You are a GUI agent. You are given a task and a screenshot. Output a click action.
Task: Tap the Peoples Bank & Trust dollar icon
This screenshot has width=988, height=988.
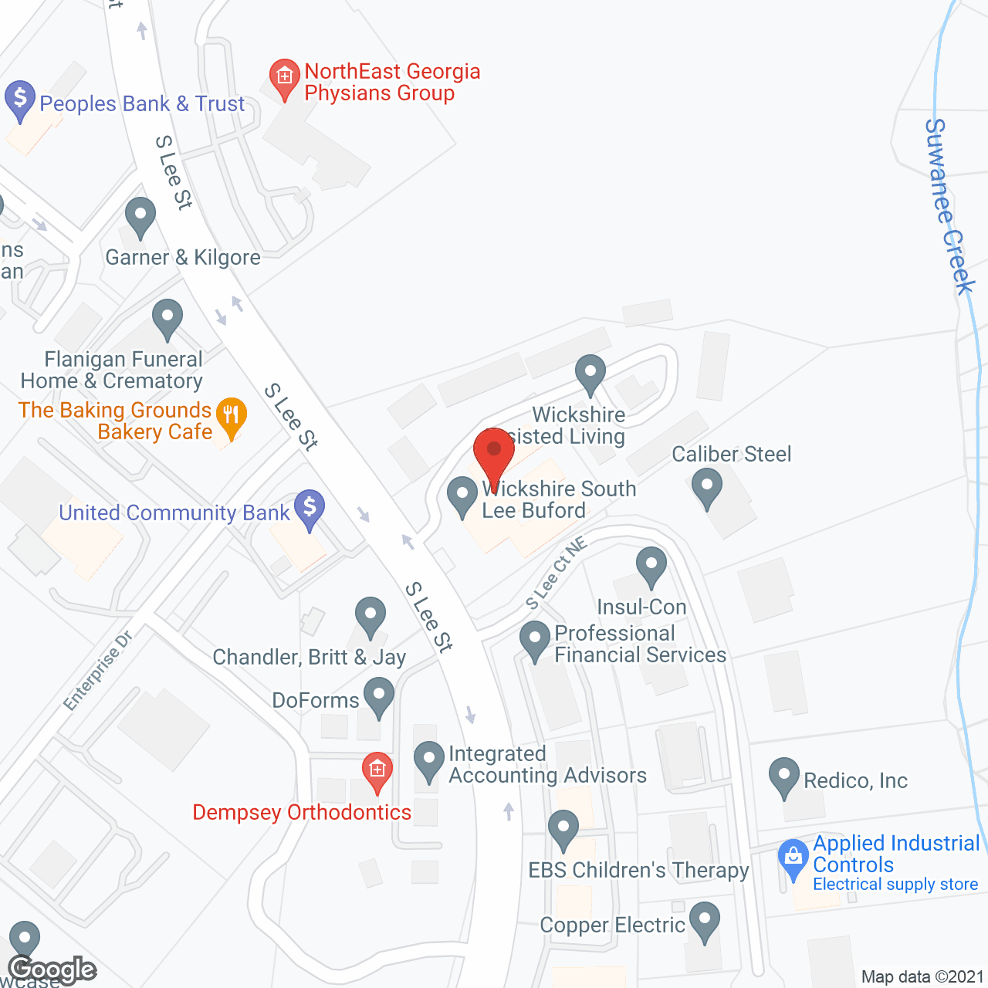20,100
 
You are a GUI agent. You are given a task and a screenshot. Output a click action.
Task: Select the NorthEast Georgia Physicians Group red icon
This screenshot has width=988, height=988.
284,78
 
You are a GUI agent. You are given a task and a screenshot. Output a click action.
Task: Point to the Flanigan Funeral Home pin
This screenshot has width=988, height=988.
167,318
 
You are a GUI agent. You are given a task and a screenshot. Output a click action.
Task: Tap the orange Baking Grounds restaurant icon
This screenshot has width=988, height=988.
231,418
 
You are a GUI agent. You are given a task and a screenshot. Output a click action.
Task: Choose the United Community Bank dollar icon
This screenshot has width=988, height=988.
310,509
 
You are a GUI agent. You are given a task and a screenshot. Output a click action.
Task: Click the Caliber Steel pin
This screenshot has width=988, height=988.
706,488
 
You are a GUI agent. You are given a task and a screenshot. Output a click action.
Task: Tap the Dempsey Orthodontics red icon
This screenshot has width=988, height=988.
377,771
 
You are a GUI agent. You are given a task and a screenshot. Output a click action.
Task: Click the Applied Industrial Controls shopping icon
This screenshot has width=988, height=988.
793,858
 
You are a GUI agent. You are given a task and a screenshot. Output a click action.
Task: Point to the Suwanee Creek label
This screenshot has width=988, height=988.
949,206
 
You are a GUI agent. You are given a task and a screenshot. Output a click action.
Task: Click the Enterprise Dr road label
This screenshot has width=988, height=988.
98,670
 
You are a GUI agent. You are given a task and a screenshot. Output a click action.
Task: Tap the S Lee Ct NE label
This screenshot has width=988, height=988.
556,573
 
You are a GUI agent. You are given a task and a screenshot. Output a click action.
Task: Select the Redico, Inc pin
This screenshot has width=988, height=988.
783,777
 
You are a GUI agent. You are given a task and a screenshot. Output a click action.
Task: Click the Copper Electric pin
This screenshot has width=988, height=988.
704,921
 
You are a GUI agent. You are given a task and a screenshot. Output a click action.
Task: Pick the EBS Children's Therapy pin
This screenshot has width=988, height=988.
563,829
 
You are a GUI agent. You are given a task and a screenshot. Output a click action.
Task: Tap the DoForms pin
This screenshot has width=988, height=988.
378,696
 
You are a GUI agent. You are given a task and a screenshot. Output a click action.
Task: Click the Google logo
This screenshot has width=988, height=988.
52,970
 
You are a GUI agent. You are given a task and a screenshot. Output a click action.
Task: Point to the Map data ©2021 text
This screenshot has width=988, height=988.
922,976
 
